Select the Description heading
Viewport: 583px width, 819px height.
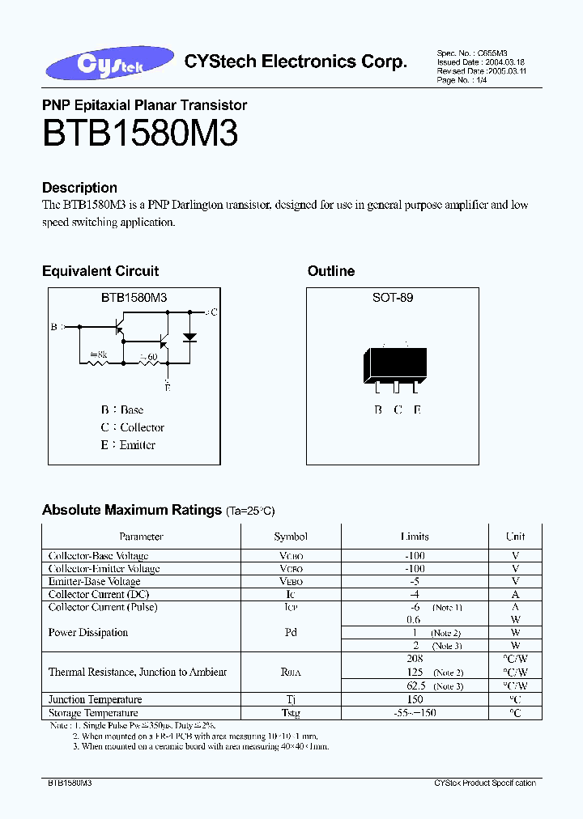79,188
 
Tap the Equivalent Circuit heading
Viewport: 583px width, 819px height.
100,271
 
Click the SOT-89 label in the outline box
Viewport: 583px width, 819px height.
393,298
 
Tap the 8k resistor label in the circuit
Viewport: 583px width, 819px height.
98,354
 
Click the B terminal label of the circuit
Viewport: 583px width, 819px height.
54,327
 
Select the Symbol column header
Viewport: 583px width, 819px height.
291,537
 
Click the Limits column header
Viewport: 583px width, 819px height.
415,537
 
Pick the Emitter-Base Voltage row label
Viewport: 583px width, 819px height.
94,581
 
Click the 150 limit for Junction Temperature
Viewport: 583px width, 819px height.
415,699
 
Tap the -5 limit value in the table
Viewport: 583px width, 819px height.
415,581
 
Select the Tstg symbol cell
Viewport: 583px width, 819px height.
291,713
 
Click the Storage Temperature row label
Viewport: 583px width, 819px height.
92,713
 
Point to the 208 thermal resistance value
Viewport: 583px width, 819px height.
415,659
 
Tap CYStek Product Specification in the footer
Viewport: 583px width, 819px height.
484,783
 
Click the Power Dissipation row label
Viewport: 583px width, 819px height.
88,632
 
